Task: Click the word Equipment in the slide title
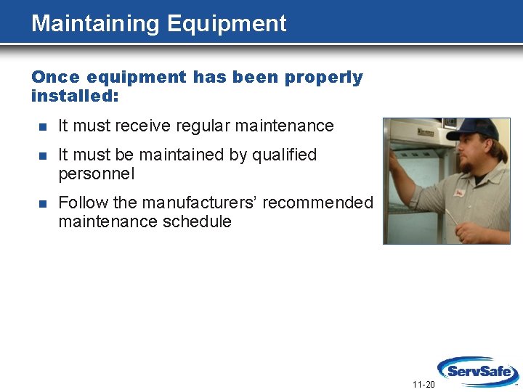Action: tap(227, 24)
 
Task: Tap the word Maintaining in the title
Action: tap(96, 24)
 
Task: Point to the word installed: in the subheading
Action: tap(75, 96)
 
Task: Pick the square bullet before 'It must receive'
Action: tap(43, 126)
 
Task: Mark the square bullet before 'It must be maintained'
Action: tap(43, 155)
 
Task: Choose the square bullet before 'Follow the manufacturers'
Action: tap(43, 203)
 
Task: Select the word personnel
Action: tap(96, 174)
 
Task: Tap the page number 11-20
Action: tap(423, 384)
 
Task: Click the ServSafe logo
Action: tap(477, 372)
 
